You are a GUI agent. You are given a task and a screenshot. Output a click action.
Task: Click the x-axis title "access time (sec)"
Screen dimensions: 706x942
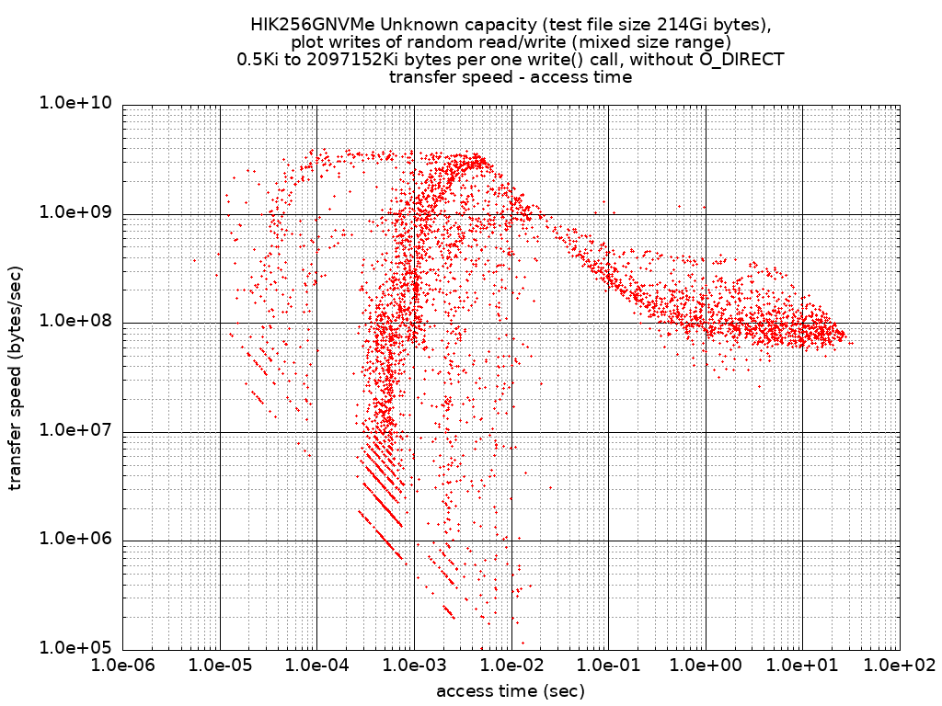(x=511, y=690)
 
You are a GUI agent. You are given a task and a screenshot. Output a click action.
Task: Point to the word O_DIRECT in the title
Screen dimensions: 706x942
(x=741, y=60)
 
